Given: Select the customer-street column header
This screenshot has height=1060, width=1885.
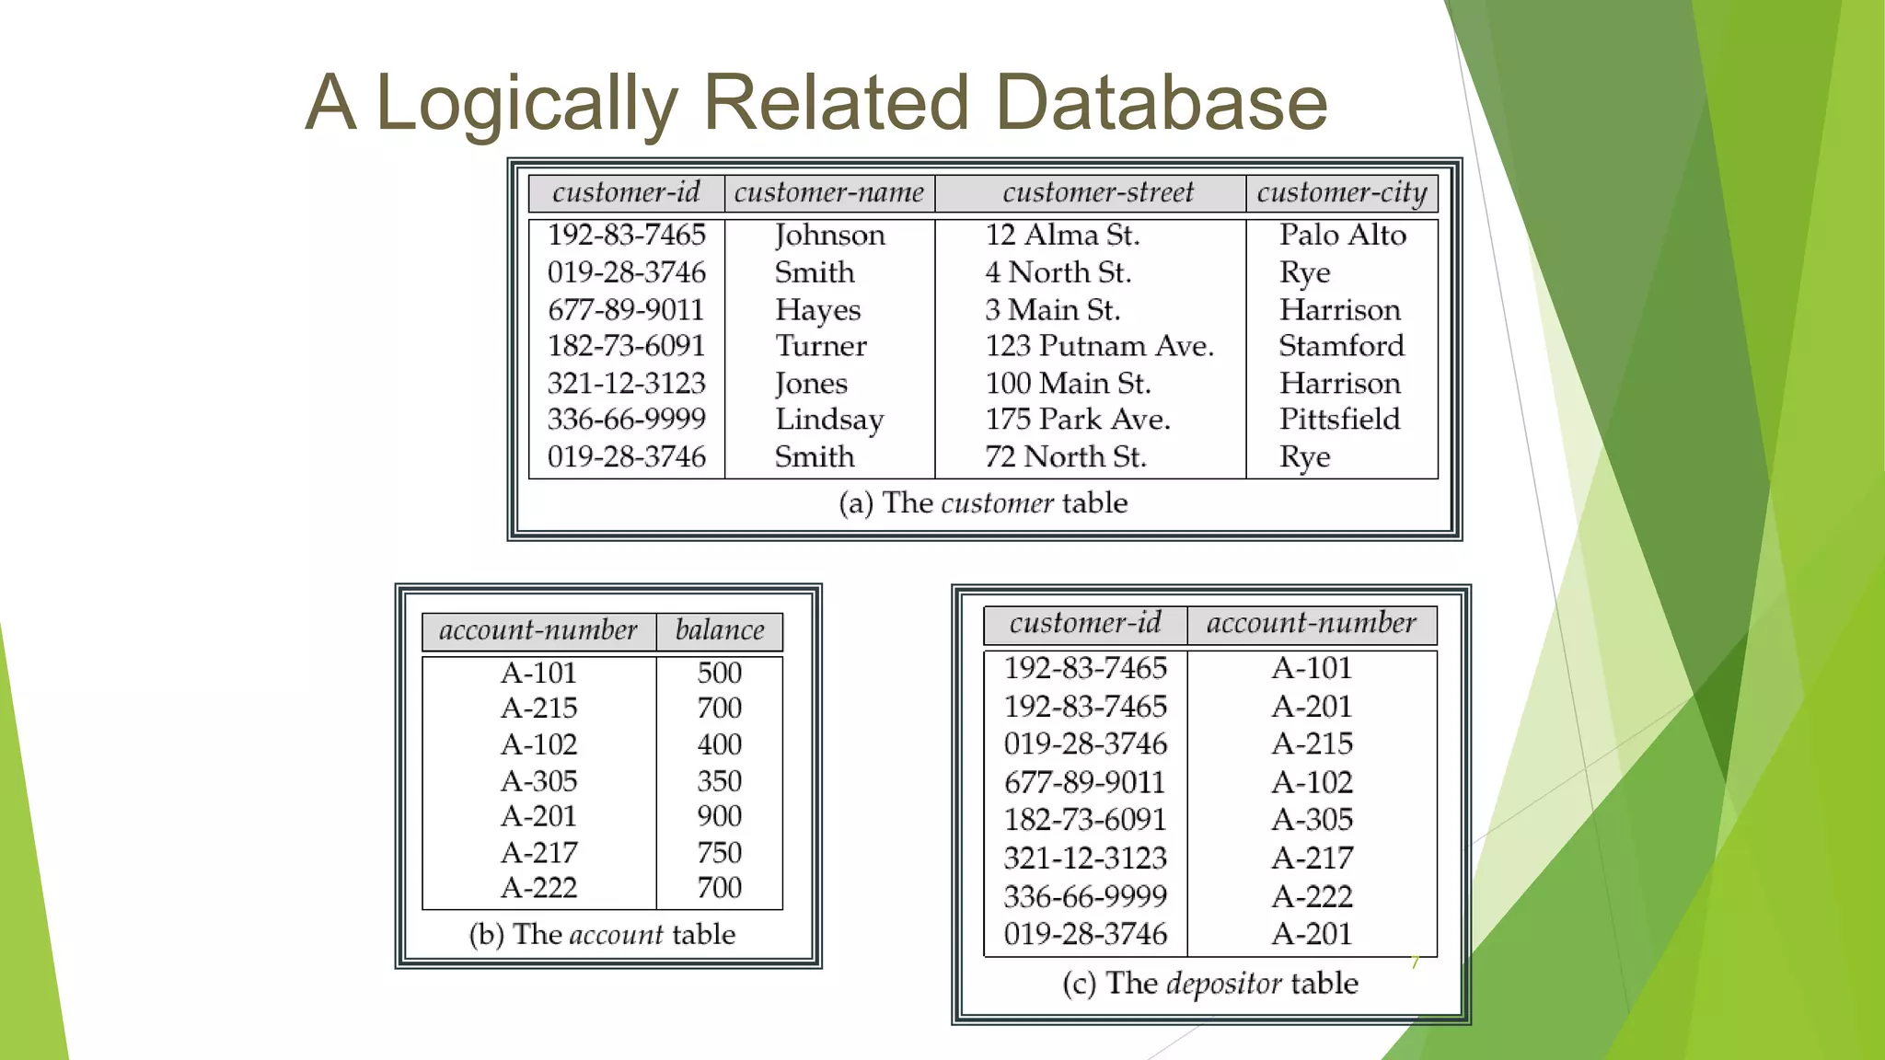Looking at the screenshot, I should coord(1097,192).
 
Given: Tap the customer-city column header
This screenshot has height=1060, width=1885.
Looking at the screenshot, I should coord(1341,192).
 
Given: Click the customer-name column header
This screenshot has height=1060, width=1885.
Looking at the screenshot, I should coord(828,192).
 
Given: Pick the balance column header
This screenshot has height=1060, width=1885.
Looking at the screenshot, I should coord(719,630).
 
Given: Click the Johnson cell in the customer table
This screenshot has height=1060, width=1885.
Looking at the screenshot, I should coord(829,236).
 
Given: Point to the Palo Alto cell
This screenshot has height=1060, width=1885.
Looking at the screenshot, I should coord(1342,236).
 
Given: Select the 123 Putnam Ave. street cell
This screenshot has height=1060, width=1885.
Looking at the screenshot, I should coord(1099,346).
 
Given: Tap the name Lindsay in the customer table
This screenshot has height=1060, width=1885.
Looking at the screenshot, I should coord(829,420).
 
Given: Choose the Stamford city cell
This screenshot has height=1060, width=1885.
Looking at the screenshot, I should coord(1341,346).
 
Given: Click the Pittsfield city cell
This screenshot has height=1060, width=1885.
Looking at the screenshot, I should coord(1339,420).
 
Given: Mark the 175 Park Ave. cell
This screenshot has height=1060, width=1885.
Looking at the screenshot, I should coord(1077,420).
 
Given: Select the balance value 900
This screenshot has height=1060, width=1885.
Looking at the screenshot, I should coord(719,816).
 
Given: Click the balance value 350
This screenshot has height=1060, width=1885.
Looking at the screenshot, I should coord(719,781).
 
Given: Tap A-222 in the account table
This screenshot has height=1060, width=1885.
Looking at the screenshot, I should coord(538,888).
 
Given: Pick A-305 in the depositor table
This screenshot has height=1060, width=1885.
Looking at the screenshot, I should coord(1312,820).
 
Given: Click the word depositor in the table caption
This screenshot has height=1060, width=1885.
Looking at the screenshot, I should coord(1223,984).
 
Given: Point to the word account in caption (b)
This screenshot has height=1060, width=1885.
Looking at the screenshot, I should coord(616,935).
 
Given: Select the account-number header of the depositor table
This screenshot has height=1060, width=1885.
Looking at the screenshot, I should coord(1311,623).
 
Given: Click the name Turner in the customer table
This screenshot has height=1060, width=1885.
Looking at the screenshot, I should coord(820,346).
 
